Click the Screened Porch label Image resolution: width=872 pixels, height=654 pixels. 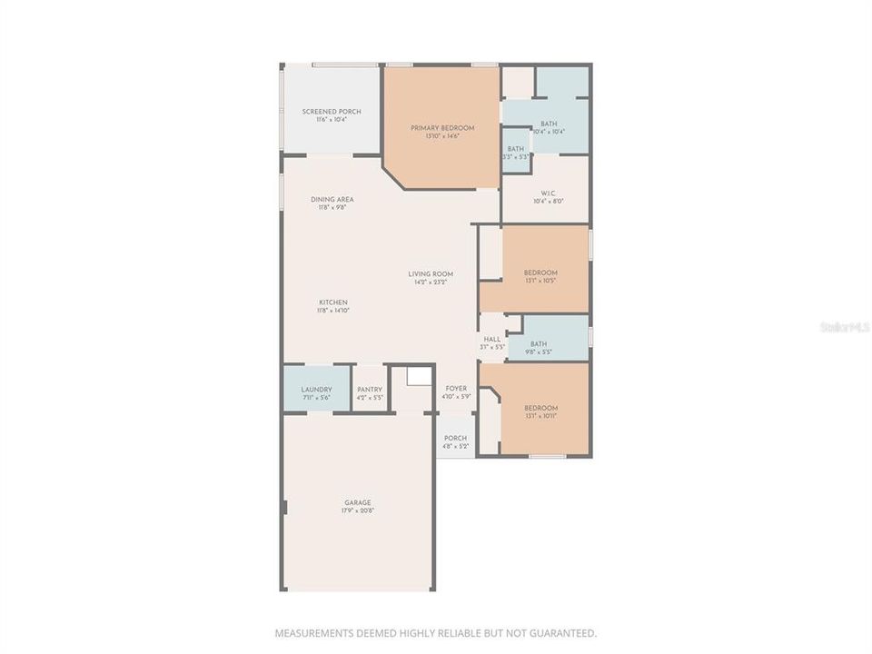coord(332,112)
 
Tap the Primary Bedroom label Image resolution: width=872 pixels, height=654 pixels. coord(442,128)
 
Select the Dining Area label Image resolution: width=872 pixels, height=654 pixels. coord(332,199)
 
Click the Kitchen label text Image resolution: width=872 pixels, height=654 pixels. coord(332,302)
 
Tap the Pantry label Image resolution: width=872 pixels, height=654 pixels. coord(370,390)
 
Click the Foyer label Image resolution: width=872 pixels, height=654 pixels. coord(456,389)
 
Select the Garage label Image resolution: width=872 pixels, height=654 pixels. coord(357,502)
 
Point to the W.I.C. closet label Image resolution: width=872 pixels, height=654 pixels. coord(547,193)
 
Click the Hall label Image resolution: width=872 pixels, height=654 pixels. coord(492,339)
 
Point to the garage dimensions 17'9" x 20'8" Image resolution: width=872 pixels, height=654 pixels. coord(357,511)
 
